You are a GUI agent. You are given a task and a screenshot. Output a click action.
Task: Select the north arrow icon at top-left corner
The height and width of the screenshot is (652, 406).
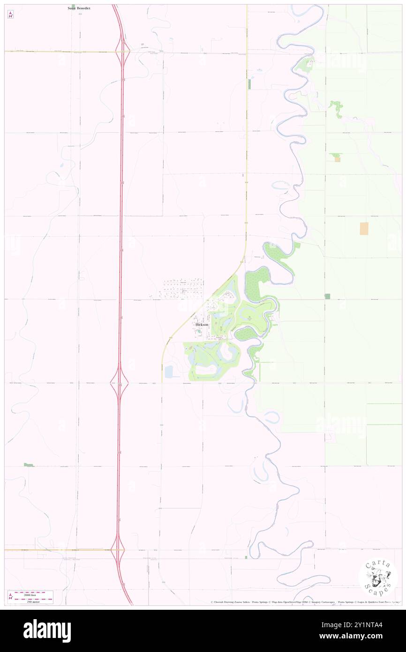click(10, 15)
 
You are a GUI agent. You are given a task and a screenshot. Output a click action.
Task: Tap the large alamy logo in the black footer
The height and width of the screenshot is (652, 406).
click(47, 630)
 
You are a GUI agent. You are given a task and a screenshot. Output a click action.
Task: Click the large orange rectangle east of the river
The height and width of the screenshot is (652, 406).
click(364, 228)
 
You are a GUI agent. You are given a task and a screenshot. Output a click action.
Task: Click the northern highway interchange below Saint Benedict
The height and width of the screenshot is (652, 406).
click(123, 52)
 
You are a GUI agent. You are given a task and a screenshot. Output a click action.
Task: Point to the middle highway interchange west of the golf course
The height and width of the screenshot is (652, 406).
click(120, 382)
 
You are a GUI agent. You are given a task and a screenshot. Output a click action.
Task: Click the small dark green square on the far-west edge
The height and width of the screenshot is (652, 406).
click(29, 465)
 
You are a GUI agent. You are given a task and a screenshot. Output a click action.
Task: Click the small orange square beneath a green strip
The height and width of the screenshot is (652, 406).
click(337, 159)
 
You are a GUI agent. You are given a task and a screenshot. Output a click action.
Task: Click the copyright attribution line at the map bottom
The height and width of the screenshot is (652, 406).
click(305, 602)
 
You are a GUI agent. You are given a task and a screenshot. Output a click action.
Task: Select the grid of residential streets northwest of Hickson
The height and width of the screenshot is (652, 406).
click(183, 289)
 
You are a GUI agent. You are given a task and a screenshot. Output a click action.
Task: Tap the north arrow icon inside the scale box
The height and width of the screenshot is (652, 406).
click(10, 597)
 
